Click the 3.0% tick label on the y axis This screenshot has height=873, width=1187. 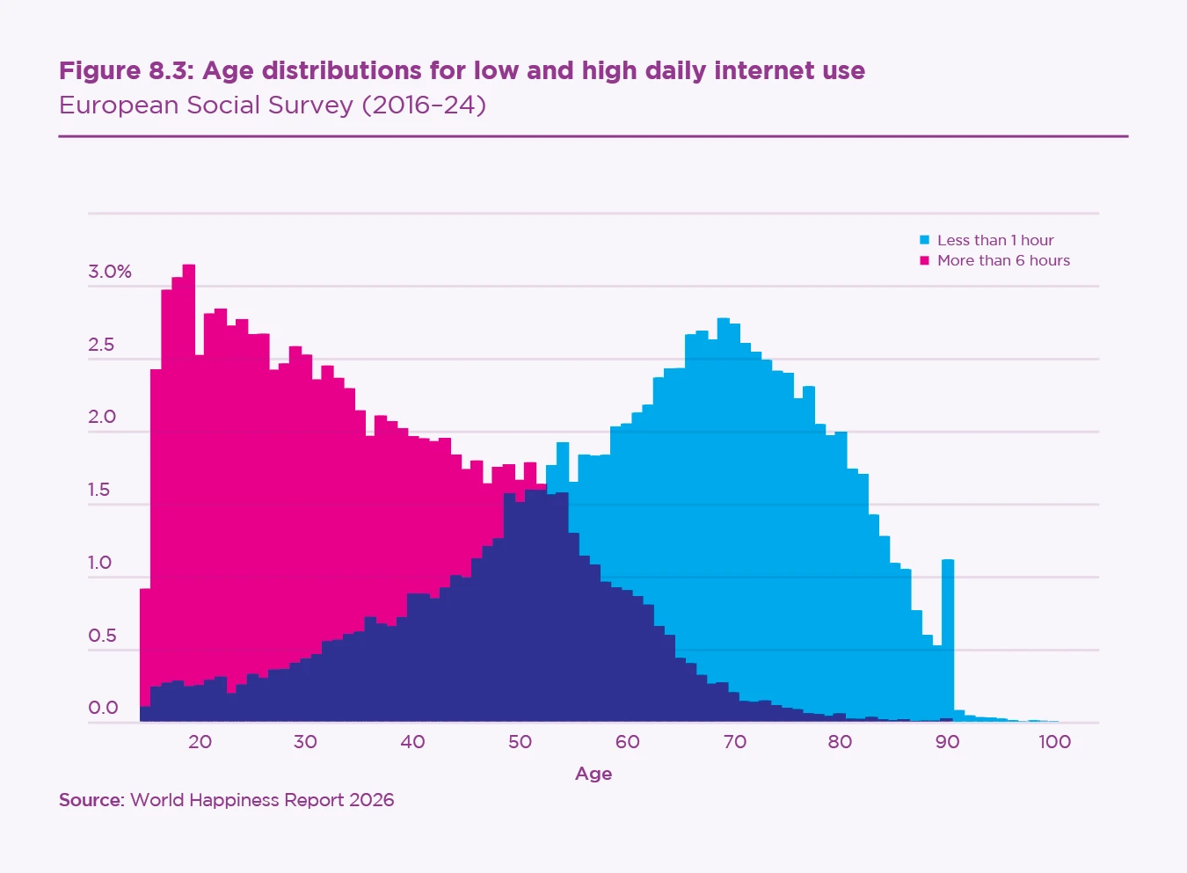point(110,272)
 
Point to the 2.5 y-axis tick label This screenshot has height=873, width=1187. point(101,345)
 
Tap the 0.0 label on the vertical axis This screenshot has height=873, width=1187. point(103,708)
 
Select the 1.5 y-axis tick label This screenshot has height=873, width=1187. point(99,490)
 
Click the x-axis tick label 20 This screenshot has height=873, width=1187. point(200,741)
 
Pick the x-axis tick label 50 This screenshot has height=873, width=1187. point(520,741)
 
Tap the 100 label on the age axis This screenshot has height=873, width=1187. point(1054,741)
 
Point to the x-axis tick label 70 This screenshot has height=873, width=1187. point(734,741)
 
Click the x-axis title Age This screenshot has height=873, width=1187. point(593,774)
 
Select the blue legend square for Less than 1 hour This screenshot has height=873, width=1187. point(924,240)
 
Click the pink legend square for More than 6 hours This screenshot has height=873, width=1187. point(924,260)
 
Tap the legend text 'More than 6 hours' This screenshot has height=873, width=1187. point(1003,260)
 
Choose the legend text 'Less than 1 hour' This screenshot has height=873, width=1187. point(995,240)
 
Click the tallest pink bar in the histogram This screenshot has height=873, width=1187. point(189,440)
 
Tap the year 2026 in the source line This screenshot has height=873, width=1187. point(371,800)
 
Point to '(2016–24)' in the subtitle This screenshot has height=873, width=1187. point(424,105)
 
